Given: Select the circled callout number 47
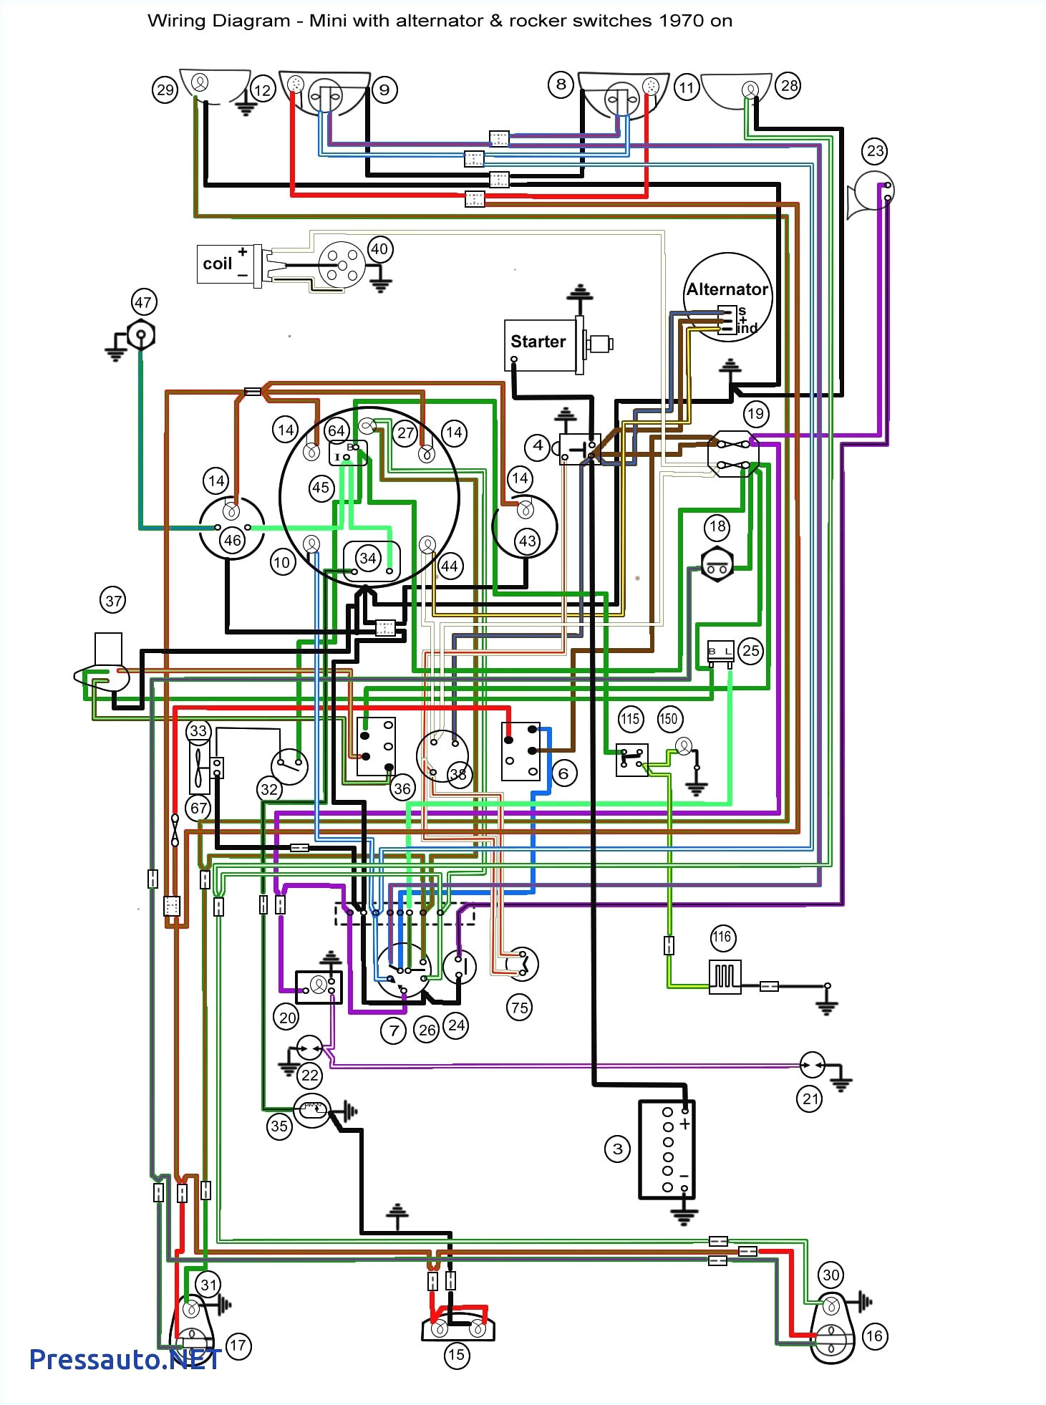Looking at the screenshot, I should (x=143, y=302).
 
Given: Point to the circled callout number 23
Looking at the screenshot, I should (x=875, y=151).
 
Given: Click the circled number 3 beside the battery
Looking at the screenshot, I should (x=617, y=1149).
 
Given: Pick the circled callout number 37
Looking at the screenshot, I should (x=113, y=600).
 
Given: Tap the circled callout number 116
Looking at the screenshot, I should (x=722, y=937).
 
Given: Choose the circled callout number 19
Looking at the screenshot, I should (x=755, y=413).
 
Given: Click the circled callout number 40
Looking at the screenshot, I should (x=379, y=249).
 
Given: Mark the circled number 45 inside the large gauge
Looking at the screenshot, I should (x=320, y=488).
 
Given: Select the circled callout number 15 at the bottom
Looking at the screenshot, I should (x=456, y=1354).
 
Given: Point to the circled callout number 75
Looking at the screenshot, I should (x=519, y=1008).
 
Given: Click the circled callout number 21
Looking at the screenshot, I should (x=810, y=1099).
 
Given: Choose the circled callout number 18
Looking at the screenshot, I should (x=717, y=527).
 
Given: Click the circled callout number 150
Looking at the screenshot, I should (x=669, y=718).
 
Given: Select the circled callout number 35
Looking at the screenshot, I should (x=279, y=1126).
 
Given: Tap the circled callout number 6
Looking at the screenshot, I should (x=563, y=773).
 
